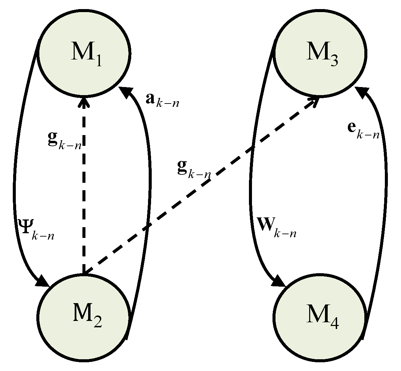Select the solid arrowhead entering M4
[x=280, y=281]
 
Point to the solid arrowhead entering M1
[x=125, y=91]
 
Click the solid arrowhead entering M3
[x=361, y=91]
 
